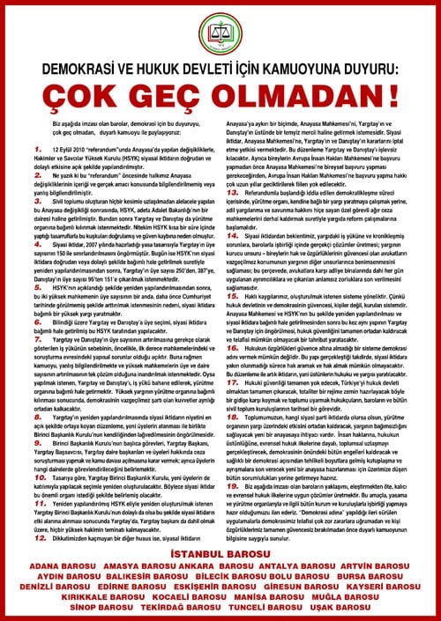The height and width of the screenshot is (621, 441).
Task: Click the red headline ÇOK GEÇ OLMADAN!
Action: pyautogui.click(x=220, y=91)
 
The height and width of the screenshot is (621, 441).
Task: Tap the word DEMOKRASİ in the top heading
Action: pyautogui.click(x=74, y=65)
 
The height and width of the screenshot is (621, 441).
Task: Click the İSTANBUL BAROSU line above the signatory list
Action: pyautogui.click(x=220, y=551)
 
